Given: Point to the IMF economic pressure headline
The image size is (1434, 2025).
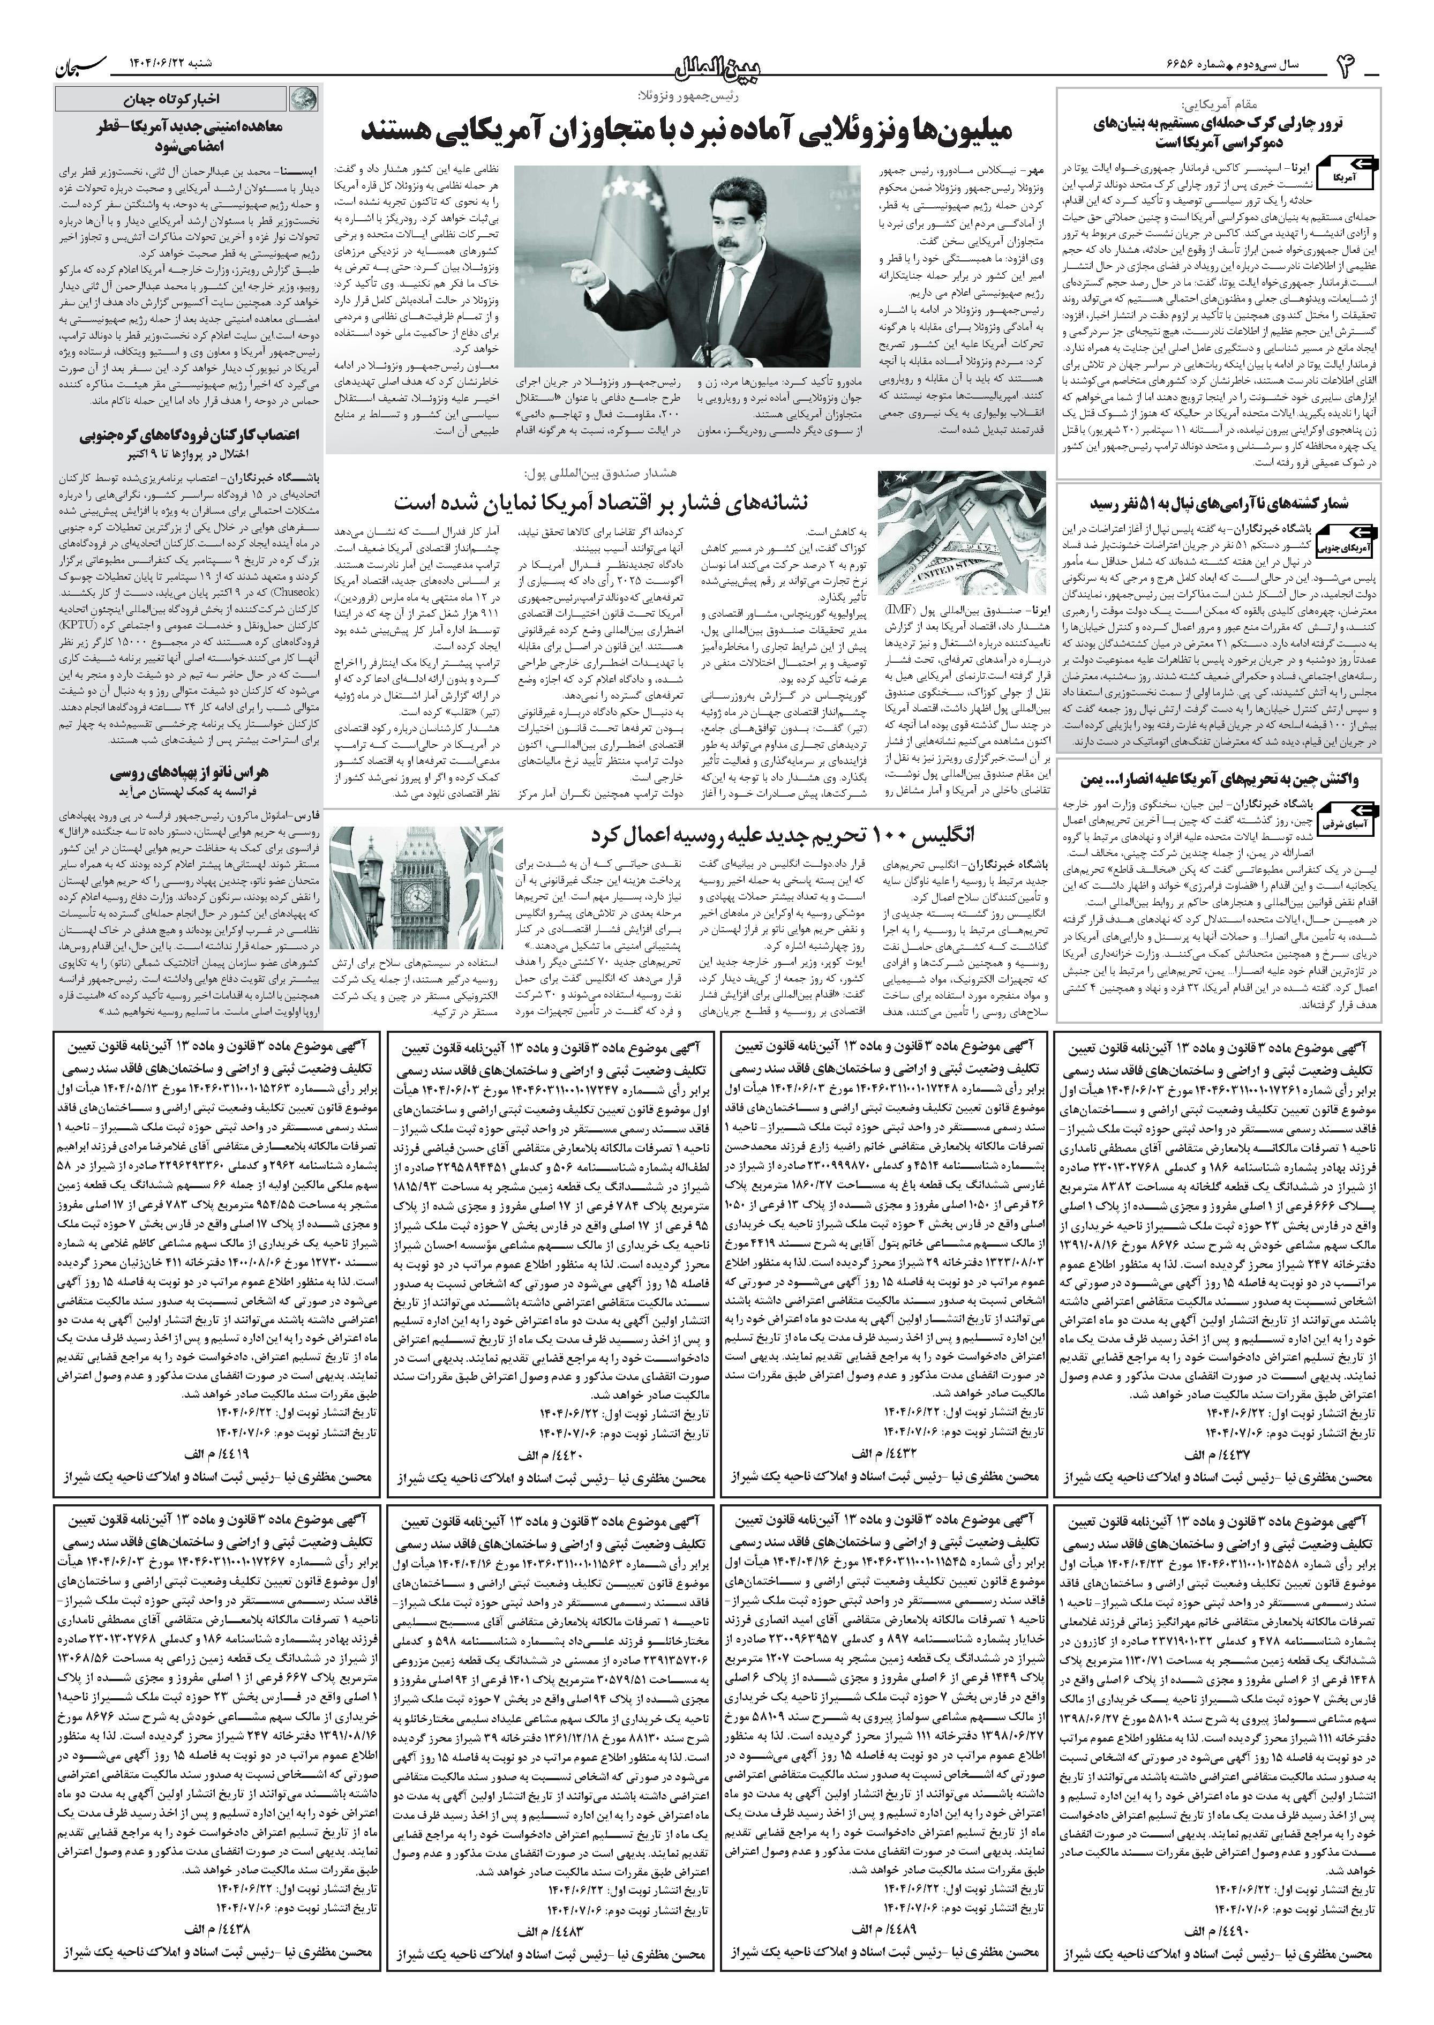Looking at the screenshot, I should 600,501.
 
